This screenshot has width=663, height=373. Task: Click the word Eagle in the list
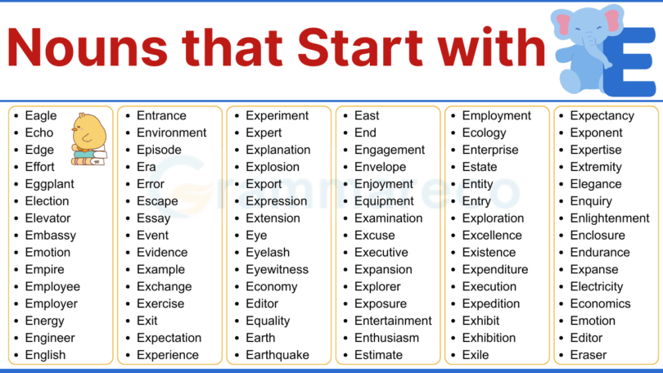[x=41, y=116]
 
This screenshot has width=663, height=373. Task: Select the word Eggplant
[x=49, y=184]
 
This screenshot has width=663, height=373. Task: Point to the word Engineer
[x=49, y=338]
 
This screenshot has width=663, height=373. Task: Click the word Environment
[x=171, y=133]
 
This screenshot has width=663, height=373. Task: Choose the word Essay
[x=153, y=218]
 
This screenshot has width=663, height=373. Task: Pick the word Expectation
[x=169, y=338]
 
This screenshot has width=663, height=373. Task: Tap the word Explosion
[x=273, y=167]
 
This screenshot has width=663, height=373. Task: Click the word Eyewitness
[x=277, y=269]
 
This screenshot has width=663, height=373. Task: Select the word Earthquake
[x=277, y=355]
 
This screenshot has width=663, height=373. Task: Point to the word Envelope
[x=380, y=167]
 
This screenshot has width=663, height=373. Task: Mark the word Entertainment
[x=393, y=321]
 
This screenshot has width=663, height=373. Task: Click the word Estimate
[x=378, y=355]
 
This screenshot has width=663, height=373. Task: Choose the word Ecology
[x=484, y=133]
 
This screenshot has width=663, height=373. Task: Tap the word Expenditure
[x=495, y=269]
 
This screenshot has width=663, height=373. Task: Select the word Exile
[x=476, y=355]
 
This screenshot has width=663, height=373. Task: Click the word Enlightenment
[x=610, y=218]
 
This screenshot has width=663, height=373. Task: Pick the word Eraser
[x=589, y=355]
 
